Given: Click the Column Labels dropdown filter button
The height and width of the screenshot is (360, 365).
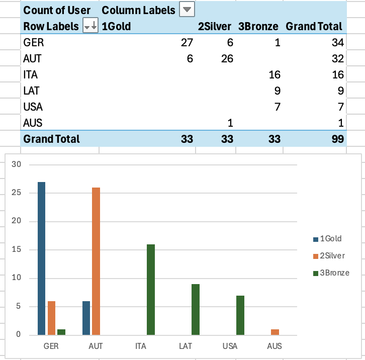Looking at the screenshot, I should click(x=187, y=10).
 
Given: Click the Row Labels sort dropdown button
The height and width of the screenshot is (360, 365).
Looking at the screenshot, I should click(x=90, y=26).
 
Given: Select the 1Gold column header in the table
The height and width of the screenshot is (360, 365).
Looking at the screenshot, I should click(x=116, y=26).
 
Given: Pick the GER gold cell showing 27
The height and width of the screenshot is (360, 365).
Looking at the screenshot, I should click(x=187, y=43).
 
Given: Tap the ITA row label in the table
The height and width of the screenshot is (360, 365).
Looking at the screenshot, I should click(x=31, y=75).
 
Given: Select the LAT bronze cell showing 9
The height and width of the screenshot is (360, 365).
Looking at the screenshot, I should click(x=277, y=91).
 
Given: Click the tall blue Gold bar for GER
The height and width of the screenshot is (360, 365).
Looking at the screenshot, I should click(x=41, y=258).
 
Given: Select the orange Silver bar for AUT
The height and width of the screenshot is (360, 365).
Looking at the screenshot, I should click(x=96, y=261).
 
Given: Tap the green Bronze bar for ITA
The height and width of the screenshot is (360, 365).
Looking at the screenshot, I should click(x=150, y=290).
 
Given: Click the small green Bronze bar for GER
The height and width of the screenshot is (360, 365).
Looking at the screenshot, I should click(x=61, y=332).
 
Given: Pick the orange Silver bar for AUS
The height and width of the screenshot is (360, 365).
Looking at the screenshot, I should click(x=275, y=332).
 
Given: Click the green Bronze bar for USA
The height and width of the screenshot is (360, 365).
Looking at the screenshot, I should click(x=240, y=315).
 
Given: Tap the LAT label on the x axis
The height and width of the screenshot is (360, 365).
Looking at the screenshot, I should click(x=185, y=346).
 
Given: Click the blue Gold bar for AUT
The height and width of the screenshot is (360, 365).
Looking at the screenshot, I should click(x=86, y=318).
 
